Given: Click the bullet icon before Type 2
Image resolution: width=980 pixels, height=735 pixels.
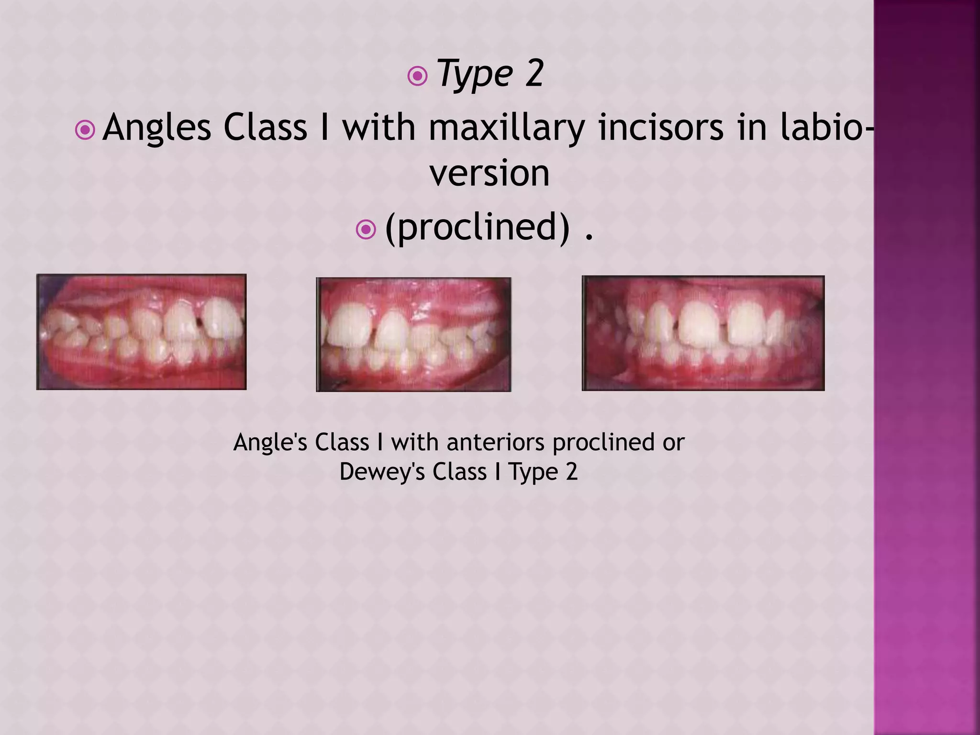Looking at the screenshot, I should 417,76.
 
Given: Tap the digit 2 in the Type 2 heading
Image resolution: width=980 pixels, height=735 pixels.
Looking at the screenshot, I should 534,74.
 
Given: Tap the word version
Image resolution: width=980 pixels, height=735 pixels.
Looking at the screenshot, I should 490,173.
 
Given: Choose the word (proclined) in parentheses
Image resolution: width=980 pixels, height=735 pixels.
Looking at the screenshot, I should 478,227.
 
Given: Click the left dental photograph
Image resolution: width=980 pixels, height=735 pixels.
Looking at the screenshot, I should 141,332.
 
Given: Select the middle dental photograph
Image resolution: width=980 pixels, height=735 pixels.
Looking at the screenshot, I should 413,334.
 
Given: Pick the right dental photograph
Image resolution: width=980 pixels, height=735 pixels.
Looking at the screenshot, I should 703,333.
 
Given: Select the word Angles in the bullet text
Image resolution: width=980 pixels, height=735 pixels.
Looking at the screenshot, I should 156,128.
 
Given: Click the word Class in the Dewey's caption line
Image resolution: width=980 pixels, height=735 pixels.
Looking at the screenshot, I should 459,471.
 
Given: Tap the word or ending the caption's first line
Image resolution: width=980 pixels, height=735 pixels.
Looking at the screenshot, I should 674,443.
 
